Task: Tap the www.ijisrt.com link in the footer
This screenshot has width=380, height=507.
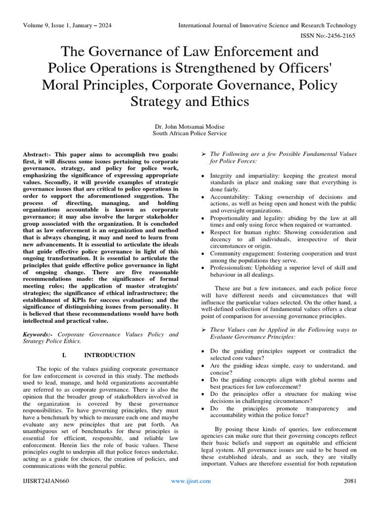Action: click(190, 481)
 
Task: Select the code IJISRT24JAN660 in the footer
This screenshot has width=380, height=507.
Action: click(46, 481)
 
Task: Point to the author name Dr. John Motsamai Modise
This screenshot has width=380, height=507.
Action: click(190, 126)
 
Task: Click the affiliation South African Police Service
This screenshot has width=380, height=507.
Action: click(190, 133)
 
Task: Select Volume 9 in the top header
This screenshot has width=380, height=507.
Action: click(38, 25)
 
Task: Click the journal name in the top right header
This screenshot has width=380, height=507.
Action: click(267, 25)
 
